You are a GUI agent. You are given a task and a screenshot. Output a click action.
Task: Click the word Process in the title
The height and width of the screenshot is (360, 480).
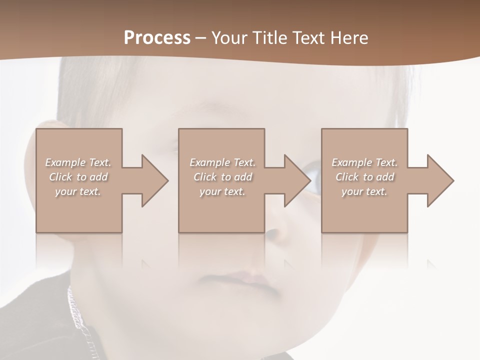pyautogui.click(x=157, y=38)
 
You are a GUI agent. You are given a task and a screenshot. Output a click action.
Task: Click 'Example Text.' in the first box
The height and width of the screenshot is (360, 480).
pyautogui.click(x=78, y=162)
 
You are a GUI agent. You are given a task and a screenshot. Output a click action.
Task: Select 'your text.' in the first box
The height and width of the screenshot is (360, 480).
pyautogui.click(x=78, y=191)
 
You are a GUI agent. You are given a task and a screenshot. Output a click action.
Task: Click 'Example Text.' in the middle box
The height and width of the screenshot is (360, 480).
pyautogui.click(x=222, y=162)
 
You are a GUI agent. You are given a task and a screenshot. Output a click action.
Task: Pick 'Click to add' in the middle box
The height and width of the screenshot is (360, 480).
pyautogui.click(x=222, y=177)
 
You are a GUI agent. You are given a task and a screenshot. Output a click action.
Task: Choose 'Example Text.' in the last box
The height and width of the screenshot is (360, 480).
pyautogui.click(x=364, y=162)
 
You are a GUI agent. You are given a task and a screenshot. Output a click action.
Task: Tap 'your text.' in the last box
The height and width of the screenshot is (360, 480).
pyautogui.click(x=364, y=191)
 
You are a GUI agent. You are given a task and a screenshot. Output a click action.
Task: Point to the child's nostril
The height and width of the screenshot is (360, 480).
pyautogui.click(x=274, y=233)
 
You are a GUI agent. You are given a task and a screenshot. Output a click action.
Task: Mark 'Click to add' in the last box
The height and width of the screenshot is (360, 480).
pyautogui.click(x=364, y=177)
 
